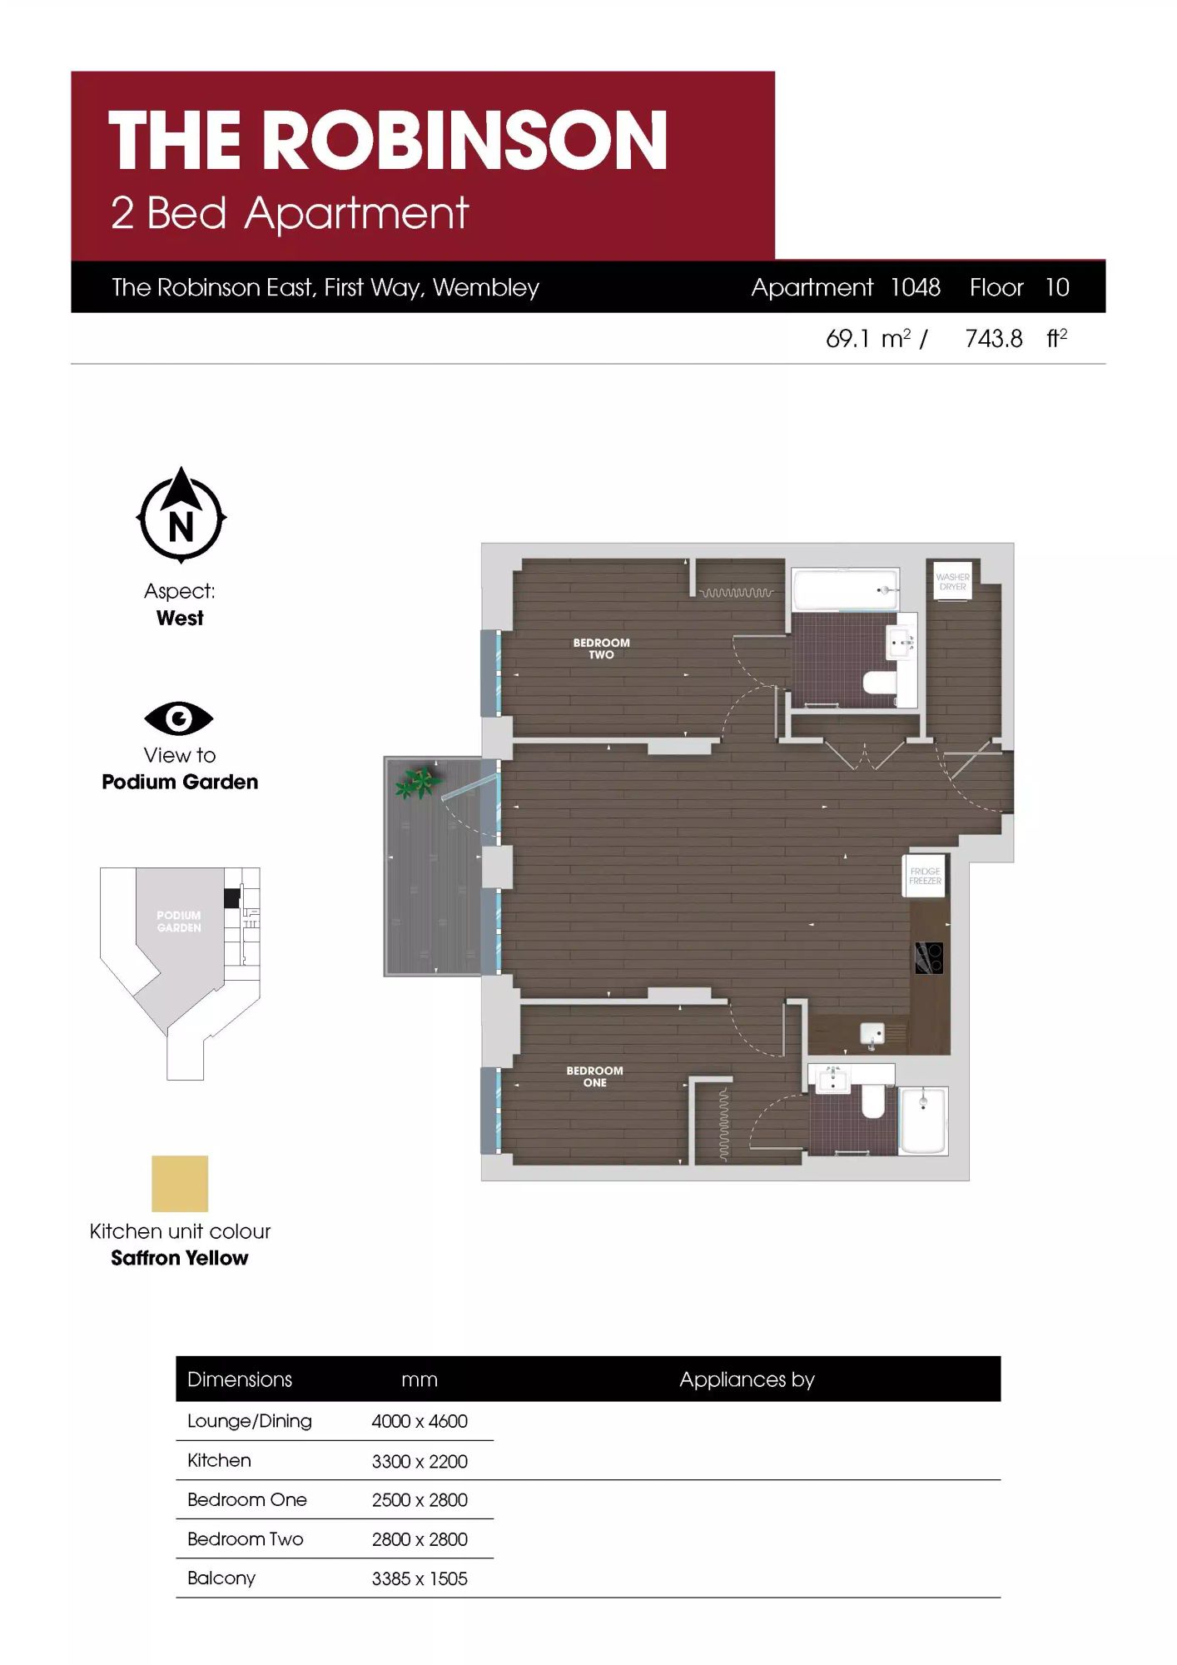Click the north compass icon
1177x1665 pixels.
(181, 514)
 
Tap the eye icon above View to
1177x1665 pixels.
(179, 718)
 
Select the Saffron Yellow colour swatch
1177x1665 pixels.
(180, 1183)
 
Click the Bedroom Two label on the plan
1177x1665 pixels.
(601, 649)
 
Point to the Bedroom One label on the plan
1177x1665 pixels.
(594, 1076)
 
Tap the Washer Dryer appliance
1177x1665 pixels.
(952, 580)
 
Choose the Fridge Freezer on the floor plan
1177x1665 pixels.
(925, 876)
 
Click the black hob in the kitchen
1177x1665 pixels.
(929, 958)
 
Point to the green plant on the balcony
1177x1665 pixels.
(417, 782)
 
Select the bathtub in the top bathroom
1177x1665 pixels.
(846, 590)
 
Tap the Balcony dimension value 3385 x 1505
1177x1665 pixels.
(420, 1578)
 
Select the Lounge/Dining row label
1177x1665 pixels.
(250, 1421)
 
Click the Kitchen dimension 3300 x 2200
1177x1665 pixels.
(420, 1461)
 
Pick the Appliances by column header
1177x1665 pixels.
(747, 1379)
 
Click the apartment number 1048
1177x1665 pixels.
(916, 287)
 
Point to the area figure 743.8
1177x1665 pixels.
(994, 339)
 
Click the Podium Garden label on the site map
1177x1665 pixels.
(179, 922)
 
